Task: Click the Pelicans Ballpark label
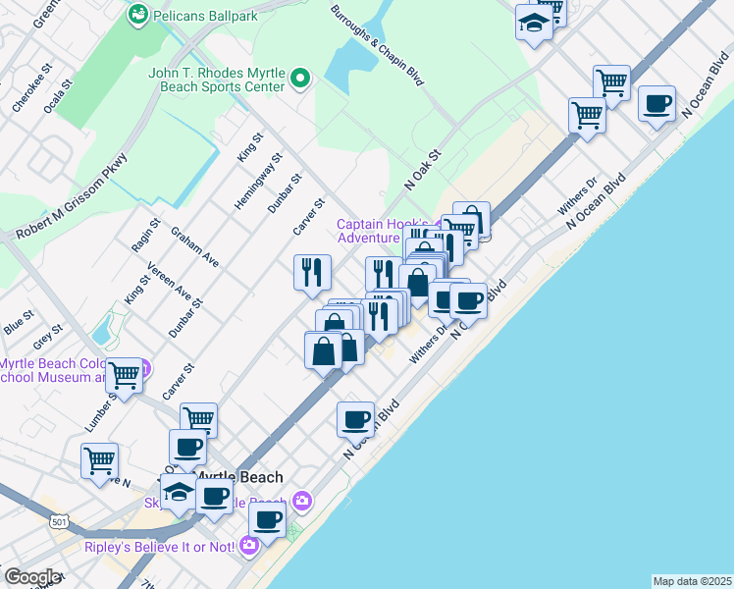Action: [x=202, y=16]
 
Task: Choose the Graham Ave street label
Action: [x=194, y=247]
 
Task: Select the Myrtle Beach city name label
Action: [x=239, y=478]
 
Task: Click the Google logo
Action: [x=31, y=577]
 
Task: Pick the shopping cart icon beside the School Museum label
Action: [x=125, y=375]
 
